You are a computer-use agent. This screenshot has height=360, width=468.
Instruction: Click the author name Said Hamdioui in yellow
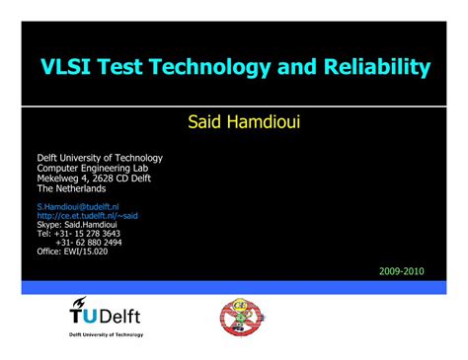tap(234, 121)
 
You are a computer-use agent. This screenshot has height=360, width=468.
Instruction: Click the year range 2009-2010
tap(401, 270)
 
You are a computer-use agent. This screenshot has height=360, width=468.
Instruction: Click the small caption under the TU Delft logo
tap(106, 335)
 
